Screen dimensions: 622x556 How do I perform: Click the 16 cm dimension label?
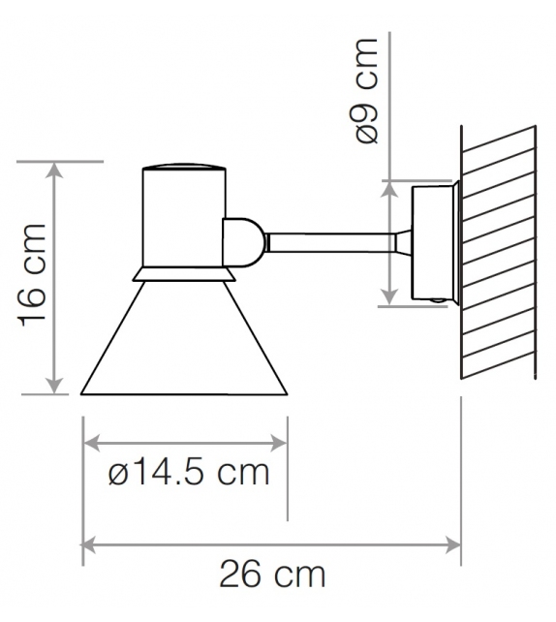click(32, 278)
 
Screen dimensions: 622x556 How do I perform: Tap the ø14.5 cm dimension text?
click(188, 474)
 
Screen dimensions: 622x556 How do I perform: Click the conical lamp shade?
click(184, 349)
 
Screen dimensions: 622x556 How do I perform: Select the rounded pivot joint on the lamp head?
click(242, 241)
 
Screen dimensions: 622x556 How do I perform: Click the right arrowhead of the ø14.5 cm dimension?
click(281, 444)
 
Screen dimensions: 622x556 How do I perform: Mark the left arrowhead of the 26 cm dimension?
click(90, 544)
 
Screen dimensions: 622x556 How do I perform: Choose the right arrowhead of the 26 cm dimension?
click(454, 544)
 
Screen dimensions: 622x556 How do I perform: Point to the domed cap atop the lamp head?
click(183, 167)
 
